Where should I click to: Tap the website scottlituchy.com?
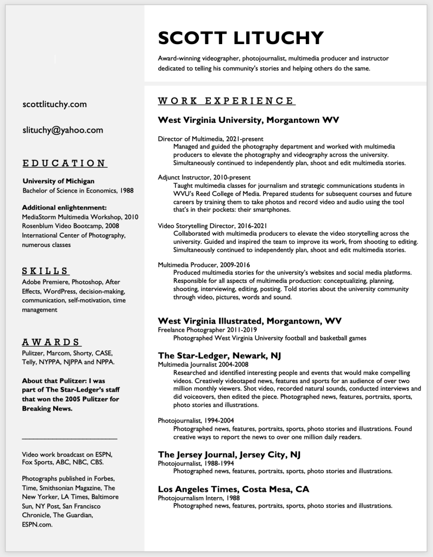pyautogui.click(x=54, y=104)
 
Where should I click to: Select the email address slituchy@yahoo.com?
pyautogui.click(x=62, y=130)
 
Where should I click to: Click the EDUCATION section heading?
pyautogui.click(x=65, y=163)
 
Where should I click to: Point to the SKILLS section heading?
pyautogui.click(x=46, y=270)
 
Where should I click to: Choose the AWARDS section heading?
pyautogui.click(x=52, y=342)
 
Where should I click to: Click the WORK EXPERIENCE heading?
pyautogui.click(x=227, y=101)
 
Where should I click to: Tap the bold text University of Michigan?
pyautogui.click(x=58, y=181)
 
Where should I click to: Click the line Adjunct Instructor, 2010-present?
pyautogui.click(x=204, y=177)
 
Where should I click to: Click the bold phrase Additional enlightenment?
pyautogui.click(x=64, y=207)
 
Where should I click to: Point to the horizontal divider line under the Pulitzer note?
pyautogui.click(x=70, y=438)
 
